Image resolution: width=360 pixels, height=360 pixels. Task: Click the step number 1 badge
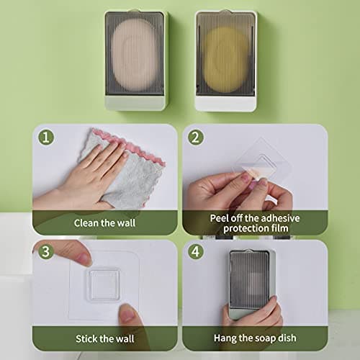(46, 137)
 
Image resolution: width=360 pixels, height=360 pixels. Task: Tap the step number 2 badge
(196, 137)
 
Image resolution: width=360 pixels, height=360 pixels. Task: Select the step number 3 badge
(46, 253)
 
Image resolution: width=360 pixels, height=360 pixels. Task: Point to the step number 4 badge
(196, 253)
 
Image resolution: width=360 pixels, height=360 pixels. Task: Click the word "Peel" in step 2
(221, 218)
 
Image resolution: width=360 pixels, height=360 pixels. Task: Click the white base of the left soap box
(136, 103)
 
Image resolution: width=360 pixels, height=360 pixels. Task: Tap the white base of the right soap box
(225, 104)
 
